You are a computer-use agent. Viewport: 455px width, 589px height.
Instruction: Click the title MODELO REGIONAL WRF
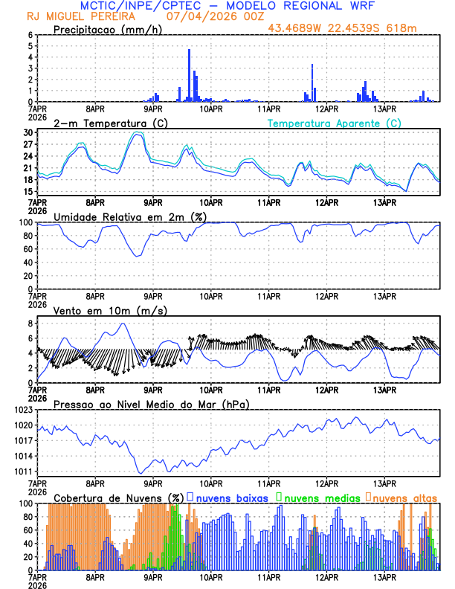pos(319,6)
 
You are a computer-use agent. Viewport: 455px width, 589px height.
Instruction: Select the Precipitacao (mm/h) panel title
pos(108,29)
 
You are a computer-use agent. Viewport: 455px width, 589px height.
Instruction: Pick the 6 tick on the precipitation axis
pos(30,35)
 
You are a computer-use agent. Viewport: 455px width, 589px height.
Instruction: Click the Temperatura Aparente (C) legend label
pos(335,123)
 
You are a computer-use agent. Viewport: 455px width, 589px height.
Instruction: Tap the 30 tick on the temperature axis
pos(28,132)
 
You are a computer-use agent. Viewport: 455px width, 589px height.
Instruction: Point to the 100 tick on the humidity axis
pos(25,222)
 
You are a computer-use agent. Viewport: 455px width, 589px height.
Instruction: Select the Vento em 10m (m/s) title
pos(110,310)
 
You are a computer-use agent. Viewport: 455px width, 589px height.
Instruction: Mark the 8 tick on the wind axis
pos(30,324)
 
